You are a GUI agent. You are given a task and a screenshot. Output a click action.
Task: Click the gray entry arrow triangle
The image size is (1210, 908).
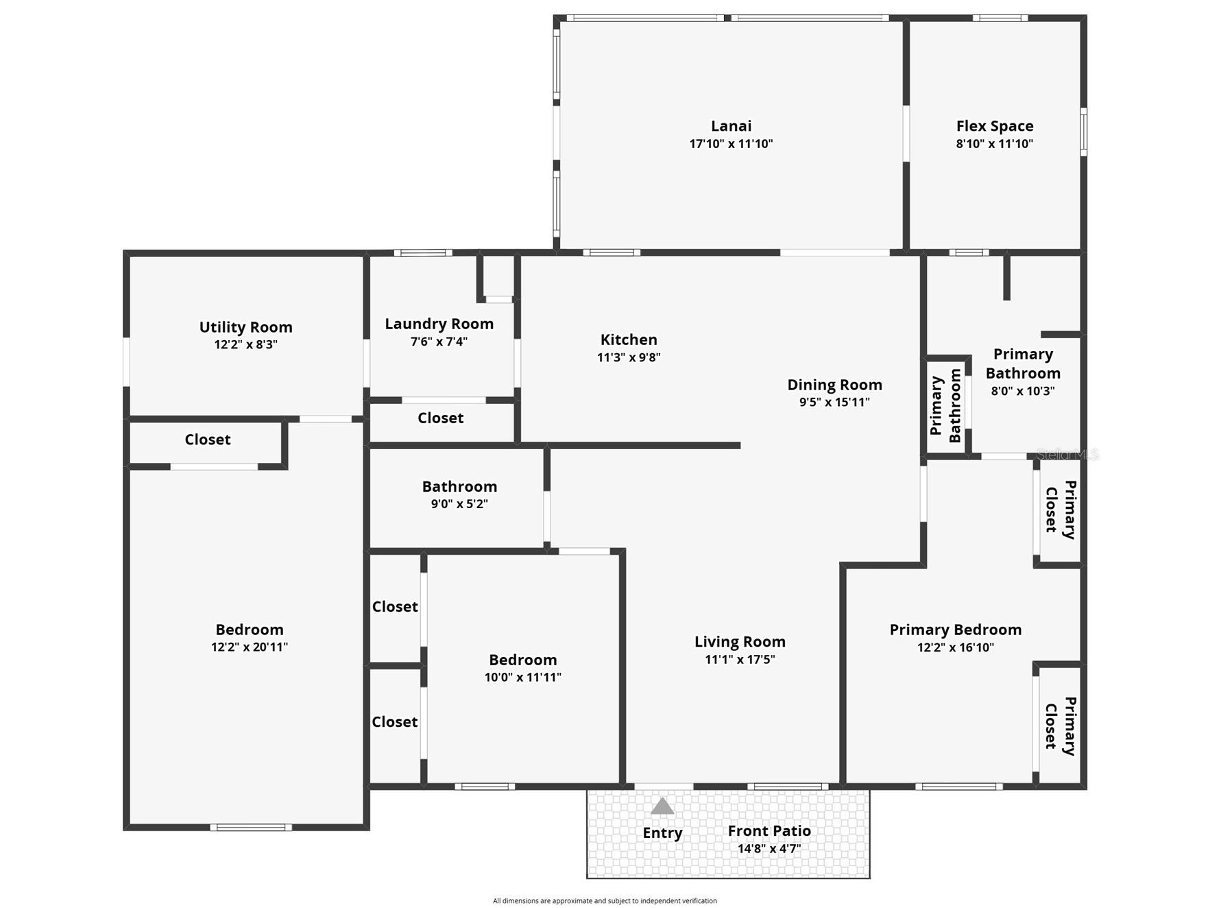pyautogui.click(x=662, y=806)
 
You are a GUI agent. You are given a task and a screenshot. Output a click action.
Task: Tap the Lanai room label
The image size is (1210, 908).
pyautogui.click(x=731, y=126)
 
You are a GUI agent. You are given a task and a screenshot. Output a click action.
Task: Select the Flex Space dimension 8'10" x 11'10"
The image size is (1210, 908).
pyautogui.click(x=994, y=144)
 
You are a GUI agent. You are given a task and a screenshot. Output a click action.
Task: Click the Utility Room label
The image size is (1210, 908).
pyautogui.click(x=245, y=327)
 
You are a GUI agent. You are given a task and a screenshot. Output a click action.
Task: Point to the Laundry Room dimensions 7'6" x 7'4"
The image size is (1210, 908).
pyautogui.click(x=439, y=342)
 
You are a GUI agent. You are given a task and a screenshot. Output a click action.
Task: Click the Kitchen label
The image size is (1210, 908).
pyautogui.click(x=629, y=339)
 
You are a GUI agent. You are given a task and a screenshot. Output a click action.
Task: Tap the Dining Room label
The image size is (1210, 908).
pyautogui.click(x=834, y=385)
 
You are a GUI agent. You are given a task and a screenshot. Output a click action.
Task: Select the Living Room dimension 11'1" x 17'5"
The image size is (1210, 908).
pyautogui.click(x=740, y=660)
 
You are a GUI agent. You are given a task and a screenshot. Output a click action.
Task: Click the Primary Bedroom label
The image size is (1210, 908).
pyautogui.click(x=955, y=630)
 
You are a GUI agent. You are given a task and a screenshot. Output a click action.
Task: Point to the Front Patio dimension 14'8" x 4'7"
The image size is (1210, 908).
pyautogui.click(x=769, y=849)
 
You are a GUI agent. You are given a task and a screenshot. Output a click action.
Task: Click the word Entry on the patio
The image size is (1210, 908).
pyautogui.click(x=662, y=833)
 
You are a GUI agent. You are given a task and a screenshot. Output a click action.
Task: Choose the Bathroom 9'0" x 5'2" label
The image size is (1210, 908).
pyautogui.click(x=459, y=487)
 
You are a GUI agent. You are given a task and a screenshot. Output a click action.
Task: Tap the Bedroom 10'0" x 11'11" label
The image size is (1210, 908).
pyautogui.click(x=522, y=660)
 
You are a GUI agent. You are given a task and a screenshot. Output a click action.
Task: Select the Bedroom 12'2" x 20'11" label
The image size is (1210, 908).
pyautogui.click(x=249, y=630)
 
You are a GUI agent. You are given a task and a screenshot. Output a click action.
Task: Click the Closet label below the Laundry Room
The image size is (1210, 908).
pyautogui.click(x=440, y=418)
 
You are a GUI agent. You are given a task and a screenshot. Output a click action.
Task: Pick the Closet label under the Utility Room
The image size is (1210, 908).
pyautogui.click(x=207, y=440)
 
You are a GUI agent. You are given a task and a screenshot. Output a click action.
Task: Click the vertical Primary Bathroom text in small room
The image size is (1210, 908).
pyautogui.click(x=945, y=405)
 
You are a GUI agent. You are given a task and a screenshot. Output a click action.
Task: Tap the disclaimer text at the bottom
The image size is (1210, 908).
pyautogui.click(x=605, y=901)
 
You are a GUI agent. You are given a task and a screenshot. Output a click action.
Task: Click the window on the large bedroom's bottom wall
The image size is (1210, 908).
pyautogui.click(x=251, y=828)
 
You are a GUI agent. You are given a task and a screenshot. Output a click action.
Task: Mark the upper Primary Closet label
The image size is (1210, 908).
pyautogui.click(x=1060, y=510)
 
